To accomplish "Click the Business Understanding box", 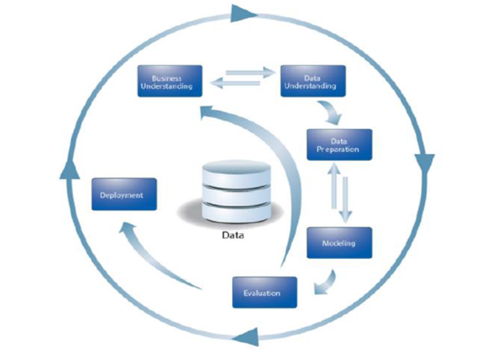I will (170, 81).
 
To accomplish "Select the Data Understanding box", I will (313, 81).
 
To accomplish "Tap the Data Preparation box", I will (339, 145).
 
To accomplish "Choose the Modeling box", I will (339, 243).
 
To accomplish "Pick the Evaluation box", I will (264, 292).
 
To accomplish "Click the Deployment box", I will (124, 194).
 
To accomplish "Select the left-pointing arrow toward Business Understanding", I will (235, 84).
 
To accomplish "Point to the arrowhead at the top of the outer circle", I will (244, 12).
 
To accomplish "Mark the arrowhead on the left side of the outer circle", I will (67, 169).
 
